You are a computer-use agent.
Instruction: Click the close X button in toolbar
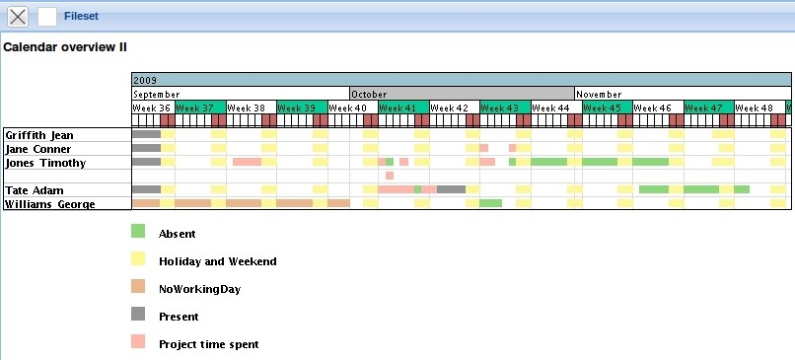(x=18, y=16)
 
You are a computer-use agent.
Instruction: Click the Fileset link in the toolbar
(x=80, y=16)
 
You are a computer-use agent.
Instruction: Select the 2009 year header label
(x=145, y=80)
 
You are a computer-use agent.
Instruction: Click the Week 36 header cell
(x=152, y=108)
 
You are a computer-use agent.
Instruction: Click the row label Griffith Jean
(x=38, y=134)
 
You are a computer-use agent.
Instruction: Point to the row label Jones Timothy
(x=45, y=162)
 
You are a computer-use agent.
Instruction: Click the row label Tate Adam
(x=30, y=189)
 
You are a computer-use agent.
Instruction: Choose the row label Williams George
(x=49, y=203)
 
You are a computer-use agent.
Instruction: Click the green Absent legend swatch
(x=138, y=232)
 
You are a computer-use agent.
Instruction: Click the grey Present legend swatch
(x=138, y=315)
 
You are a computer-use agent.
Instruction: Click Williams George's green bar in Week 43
(x=491, y=203)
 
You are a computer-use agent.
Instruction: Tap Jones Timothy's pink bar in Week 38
(x=247, y=162)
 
